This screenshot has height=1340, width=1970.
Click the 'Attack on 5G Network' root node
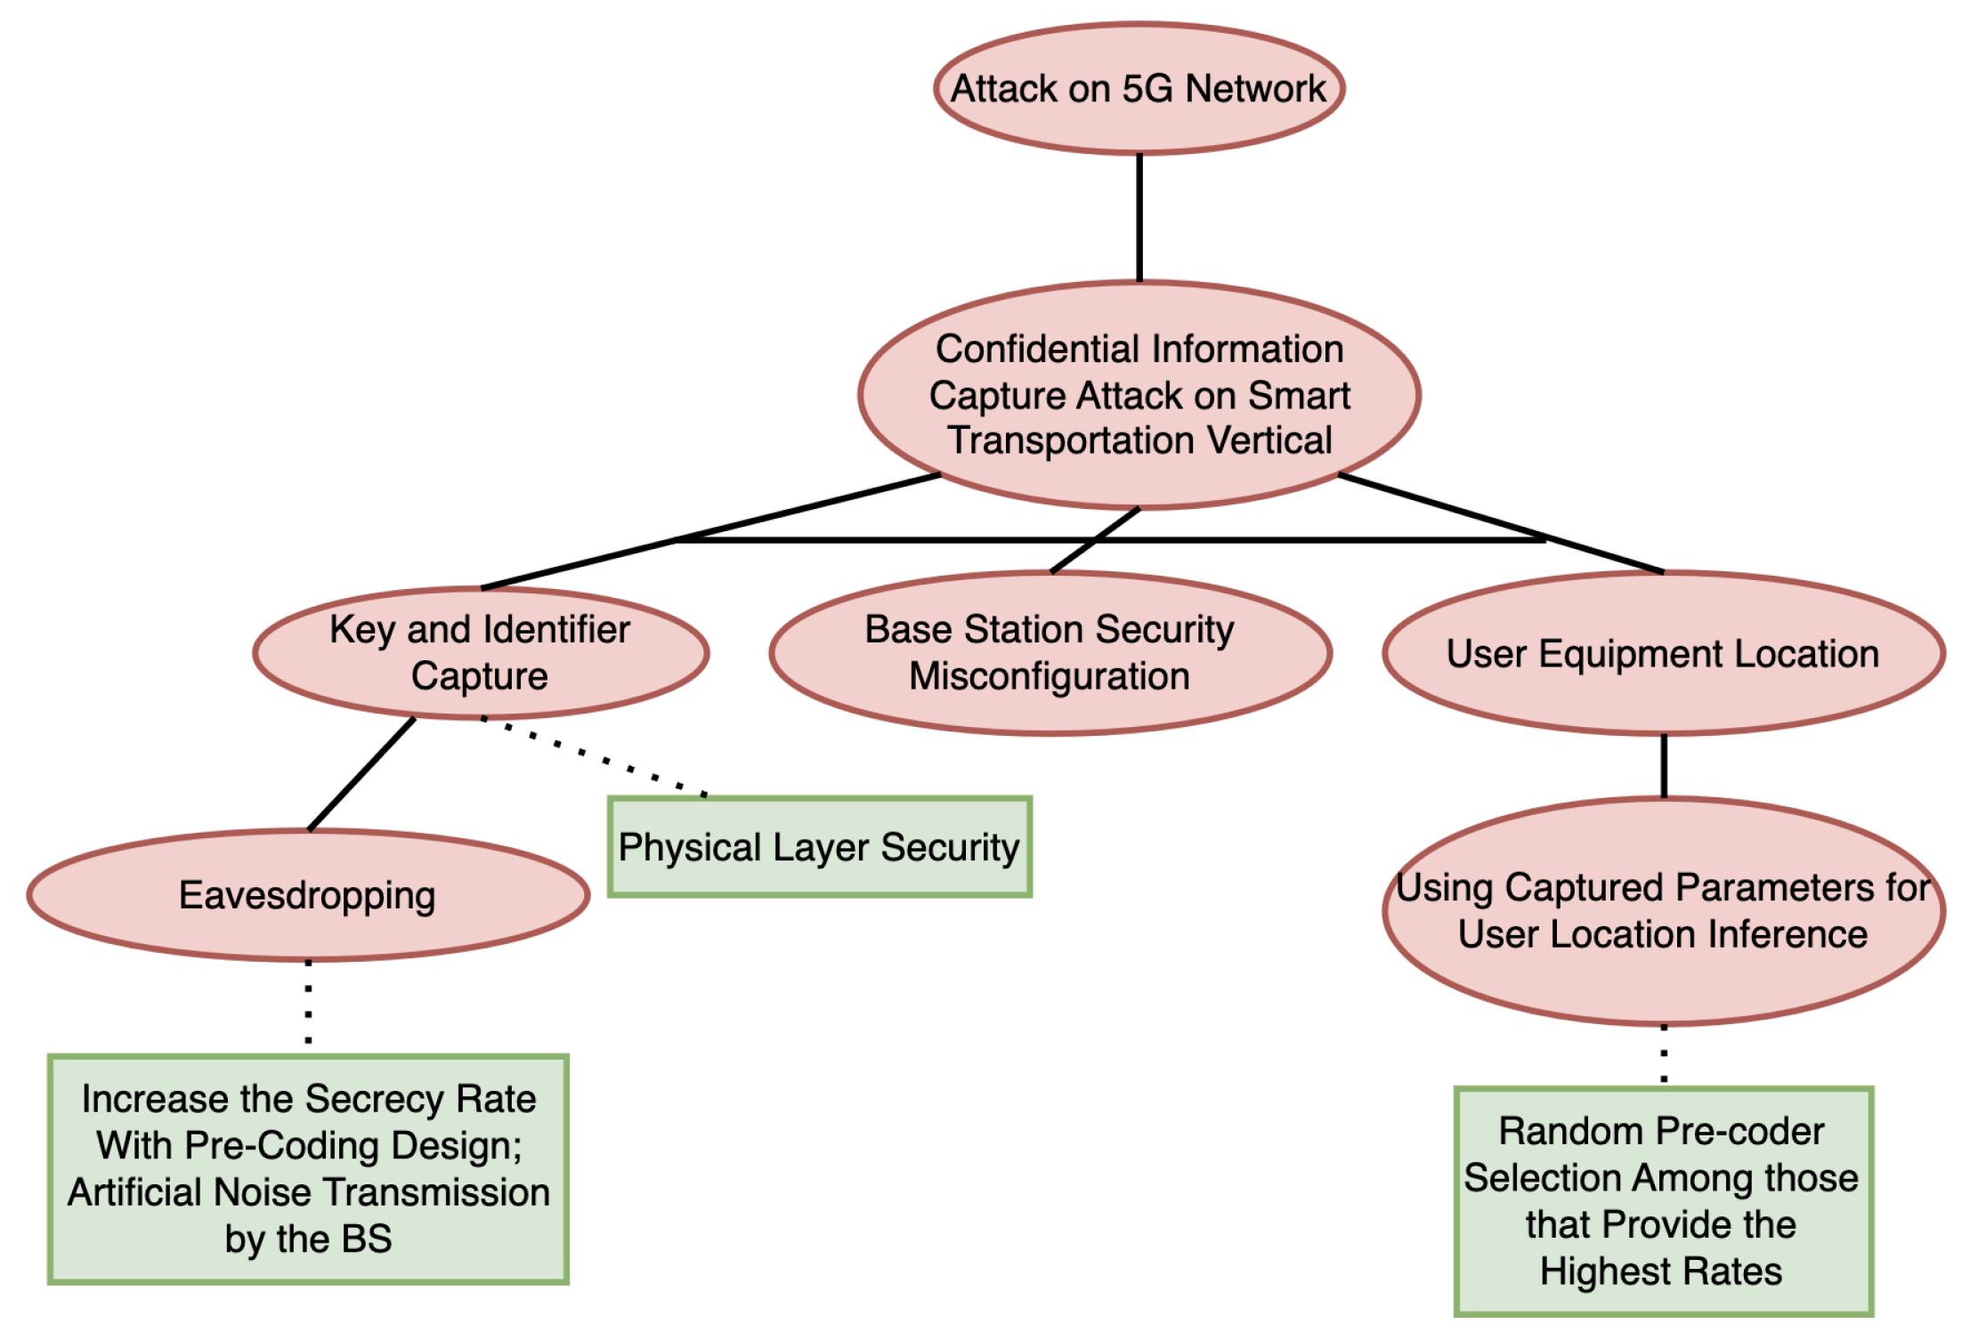point(1139,89)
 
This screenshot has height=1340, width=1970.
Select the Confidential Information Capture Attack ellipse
point(1139,395)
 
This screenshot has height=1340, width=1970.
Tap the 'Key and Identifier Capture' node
point(480,652)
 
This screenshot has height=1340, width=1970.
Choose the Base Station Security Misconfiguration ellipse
point(1050,652)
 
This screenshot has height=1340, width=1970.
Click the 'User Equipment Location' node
point(1663,654)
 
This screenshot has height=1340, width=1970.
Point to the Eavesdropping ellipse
point(307,895)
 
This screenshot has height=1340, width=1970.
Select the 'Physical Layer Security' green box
point(819,847)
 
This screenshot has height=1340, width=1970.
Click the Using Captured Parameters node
point(1663,910)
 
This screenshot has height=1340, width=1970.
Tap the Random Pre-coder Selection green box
point(1663,1200)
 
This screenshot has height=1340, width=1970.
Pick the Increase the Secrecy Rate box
point(308,1169)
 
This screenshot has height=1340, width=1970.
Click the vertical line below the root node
point(1139,218)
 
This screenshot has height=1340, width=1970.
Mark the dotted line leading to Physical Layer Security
point(595,756)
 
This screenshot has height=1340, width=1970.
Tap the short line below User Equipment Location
point(1663,765)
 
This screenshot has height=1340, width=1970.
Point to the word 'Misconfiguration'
point(1050,676)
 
